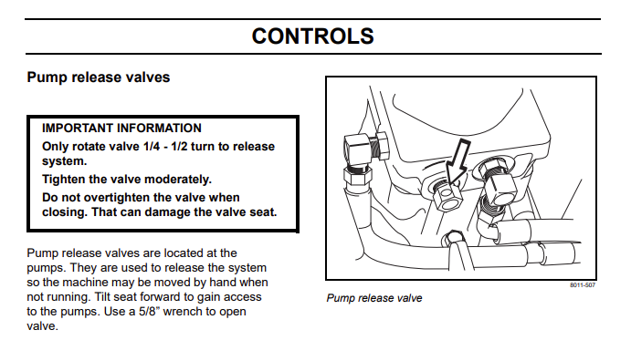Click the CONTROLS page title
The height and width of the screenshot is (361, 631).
312,36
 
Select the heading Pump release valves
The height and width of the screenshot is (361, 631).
99,77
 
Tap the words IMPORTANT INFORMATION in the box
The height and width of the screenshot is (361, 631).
121,129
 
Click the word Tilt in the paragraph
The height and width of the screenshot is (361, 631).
102,297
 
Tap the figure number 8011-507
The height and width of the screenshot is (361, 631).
583,285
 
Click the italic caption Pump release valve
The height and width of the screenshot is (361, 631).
374,298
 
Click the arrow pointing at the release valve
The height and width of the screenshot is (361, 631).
457,162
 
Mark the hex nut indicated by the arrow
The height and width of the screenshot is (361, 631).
447,196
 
